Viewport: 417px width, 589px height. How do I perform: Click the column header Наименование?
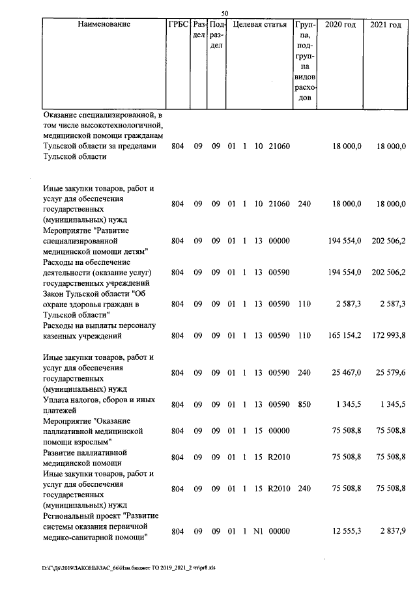click(104, 25)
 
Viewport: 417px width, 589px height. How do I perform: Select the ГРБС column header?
click(178, 25)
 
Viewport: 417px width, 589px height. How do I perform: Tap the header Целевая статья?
click(260, 25)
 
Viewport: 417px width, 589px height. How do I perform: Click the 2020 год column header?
click(340, 25)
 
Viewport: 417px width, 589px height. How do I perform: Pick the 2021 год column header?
click(385, 25)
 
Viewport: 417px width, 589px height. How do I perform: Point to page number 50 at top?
click(225, 13)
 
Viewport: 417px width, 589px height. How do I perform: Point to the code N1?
click(257, 532)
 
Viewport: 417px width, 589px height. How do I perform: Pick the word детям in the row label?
click(132, 251)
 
